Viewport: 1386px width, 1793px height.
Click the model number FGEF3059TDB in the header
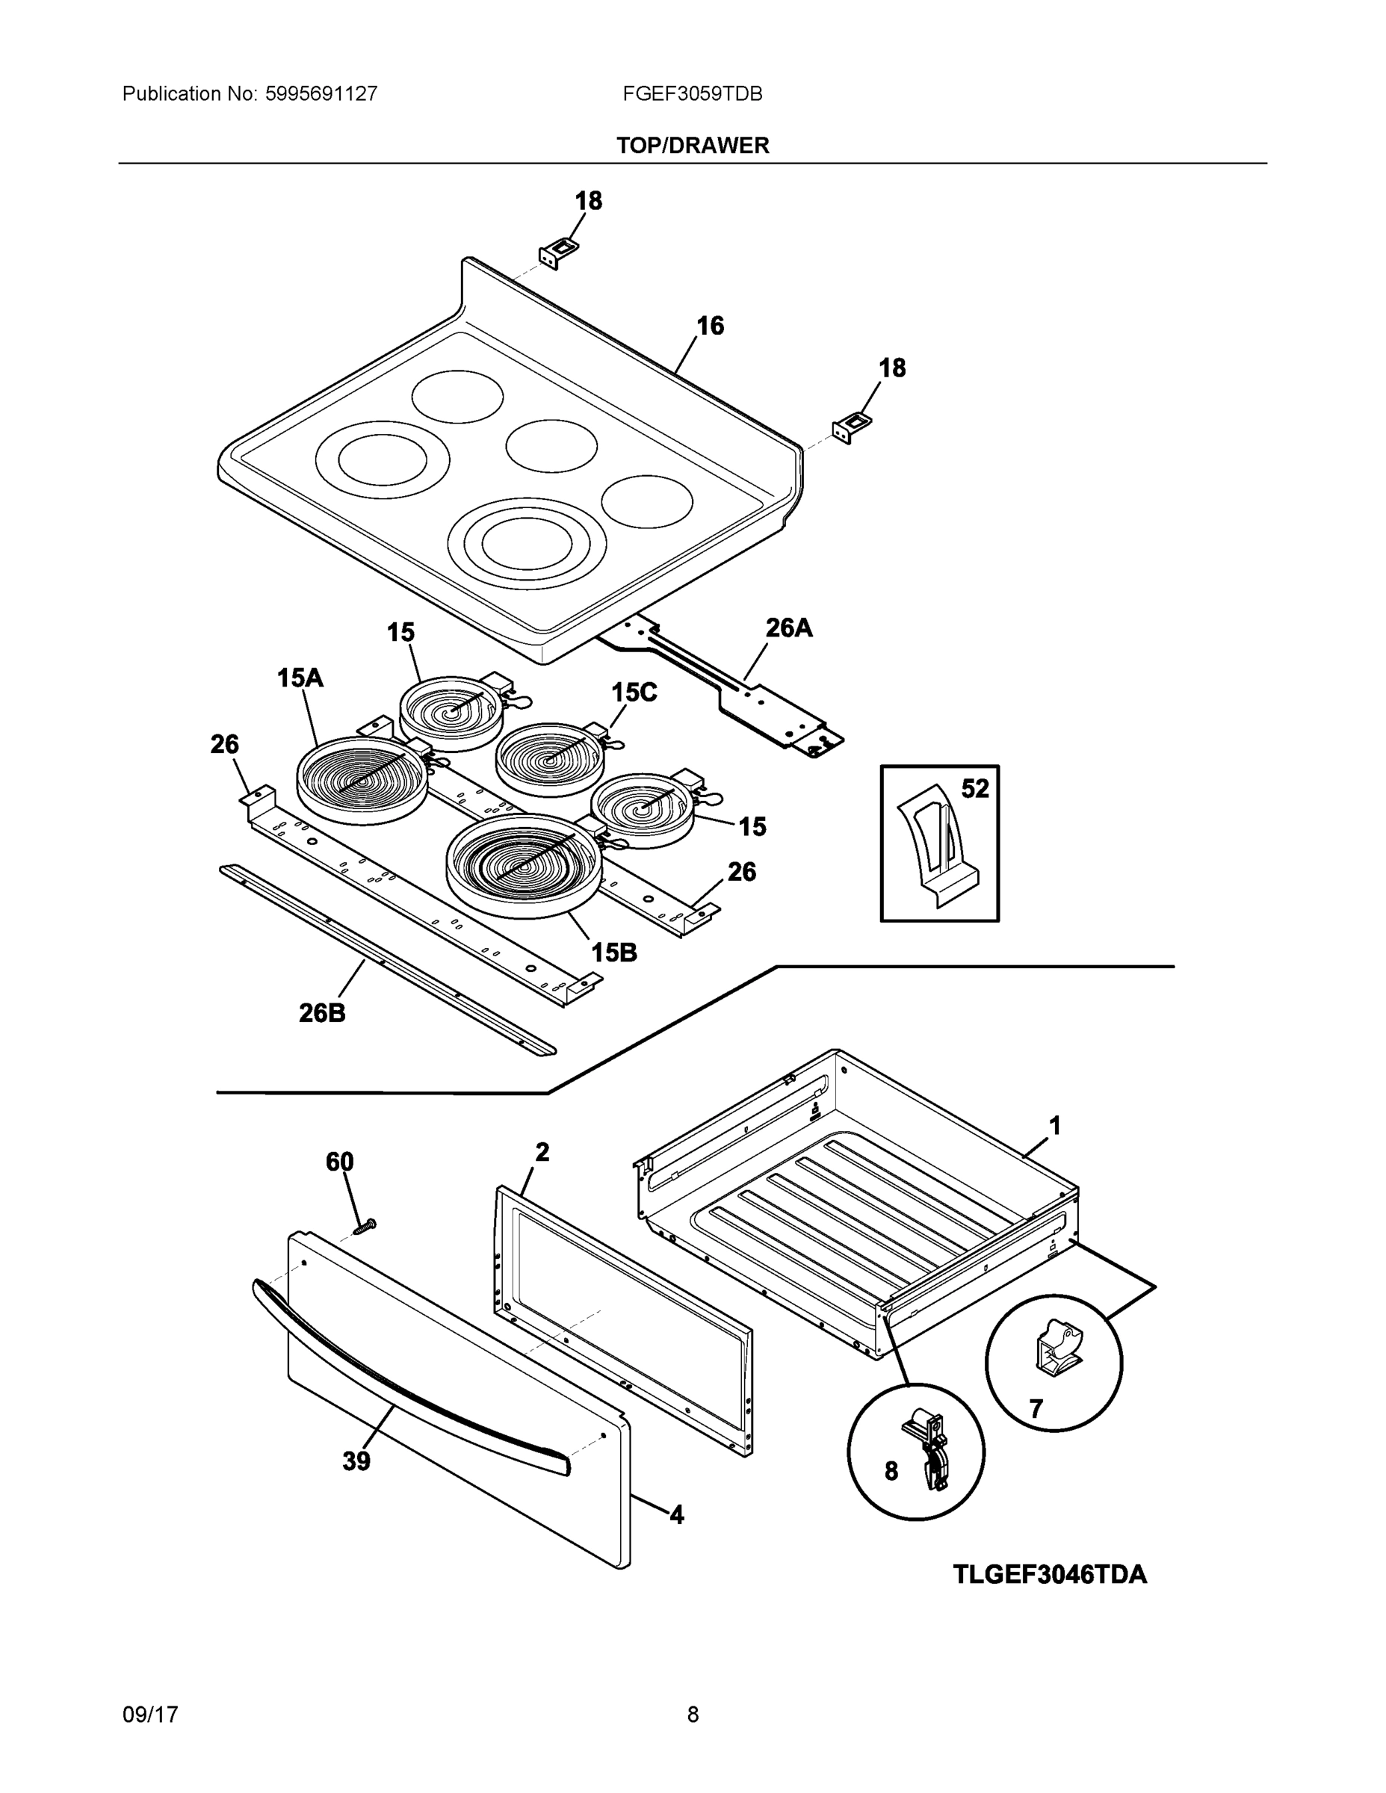[692, 93]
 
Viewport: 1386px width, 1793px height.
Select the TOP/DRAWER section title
[692, 146]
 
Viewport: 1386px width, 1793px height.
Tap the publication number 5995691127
[321, 93]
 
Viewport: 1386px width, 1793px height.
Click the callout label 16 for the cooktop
[711, 326]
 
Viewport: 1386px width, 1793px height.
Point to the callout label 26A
[789, 628]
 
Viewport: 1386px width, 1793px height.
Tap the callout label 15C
[634, 692]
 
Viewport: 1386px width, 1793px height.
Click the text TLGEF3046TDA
[1049, 1575]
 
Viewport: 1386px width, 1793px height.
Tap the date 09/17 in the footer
[149, 1715]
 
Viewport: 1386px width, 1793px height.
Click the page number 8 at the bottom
[692, 1715]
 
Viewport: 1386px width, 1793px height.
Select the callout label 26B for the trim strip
[322, 1013]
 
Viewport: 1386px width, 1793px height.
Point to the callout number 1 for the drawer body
[1055, 1126]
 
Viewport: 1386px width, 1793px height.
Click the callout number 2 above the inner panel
[542, 1152]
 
